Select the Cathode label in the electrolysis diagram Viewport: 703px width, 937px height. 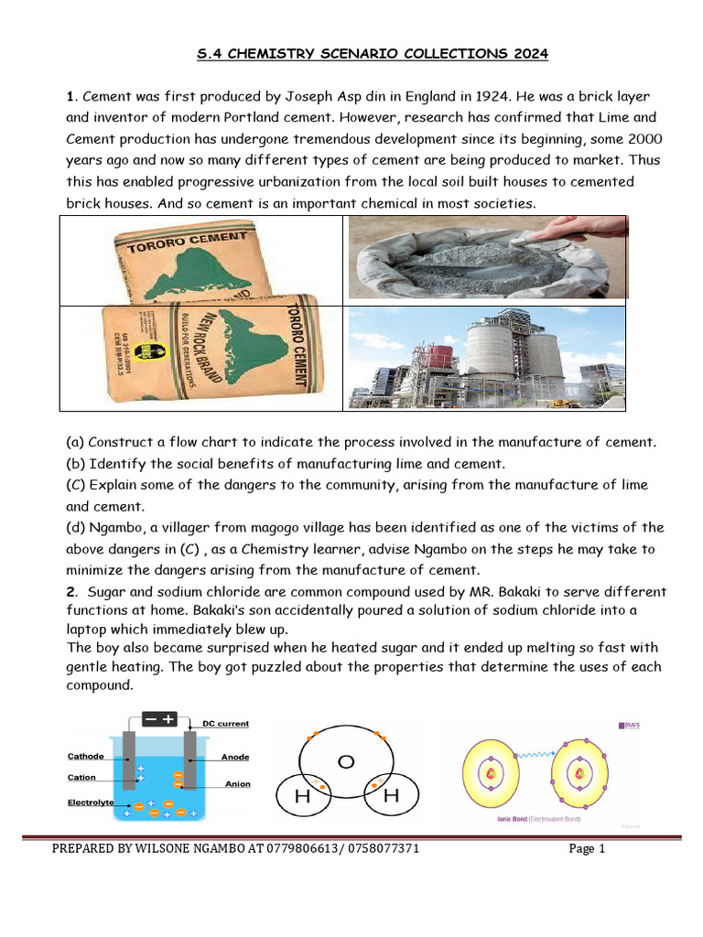[85, 757]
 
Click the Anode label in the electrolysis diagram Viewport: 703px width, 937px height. [235, 758]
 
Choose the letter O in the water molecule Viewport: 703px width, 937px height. [346, 760]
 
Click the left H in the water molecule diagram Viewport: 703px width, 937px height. [300, 797]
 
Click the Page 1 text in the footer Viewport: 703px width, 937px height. [587, 848]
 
